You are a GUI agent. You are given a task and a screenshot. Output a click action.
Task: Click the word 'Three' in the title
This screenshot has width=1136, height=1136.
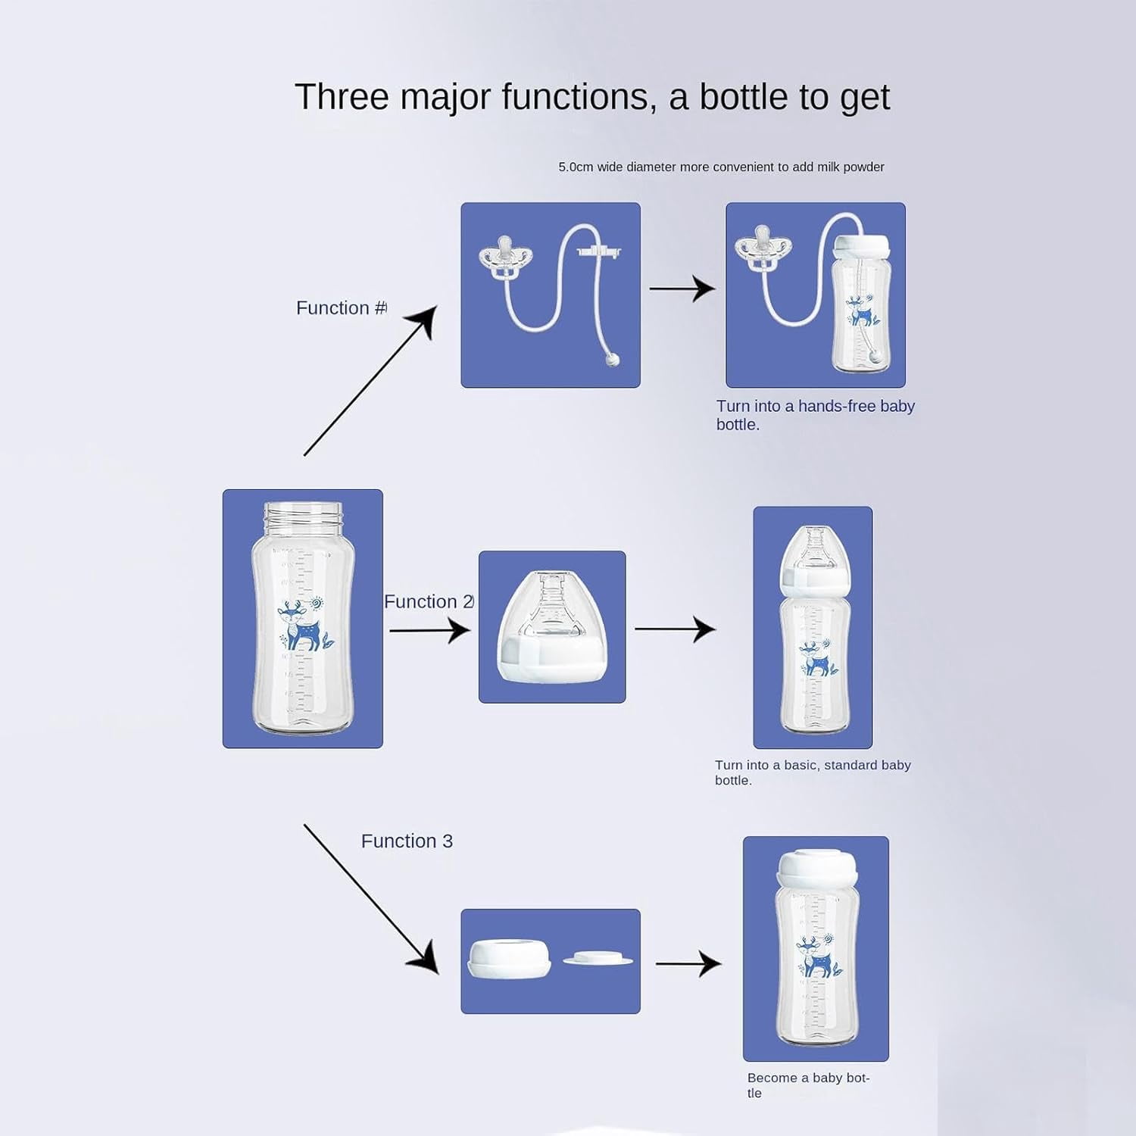[x=342, y=97]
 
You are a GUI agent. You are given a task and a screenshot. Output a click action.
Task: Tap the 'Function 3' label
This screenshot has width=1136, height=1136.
[x=407, y=841]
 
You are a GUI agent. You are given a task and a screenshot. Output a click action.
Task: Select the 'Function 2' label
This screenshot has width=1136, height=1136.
[x=429, y=601]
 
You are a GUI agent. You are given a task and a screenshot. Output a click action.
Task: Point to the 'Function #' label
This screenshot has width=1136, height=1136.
[x=342, y=307]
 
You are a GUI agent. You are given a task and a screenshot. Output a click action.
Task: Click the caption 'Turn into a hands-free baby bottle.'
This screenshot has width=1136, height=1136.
[x=816, y=415]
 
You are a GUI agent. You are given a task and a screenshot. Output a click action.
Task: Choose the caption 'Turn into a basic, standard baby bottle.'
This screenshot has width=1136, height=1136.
[x=813, y=772]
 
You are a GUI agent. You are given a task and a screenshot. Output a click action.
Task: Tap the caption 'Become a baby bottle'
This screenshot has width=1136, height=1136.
[x=808, y=1085]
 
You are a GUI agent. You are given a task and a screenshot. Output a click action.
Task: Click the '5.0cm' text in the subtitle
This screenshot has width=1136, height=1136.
[x=576, y=167]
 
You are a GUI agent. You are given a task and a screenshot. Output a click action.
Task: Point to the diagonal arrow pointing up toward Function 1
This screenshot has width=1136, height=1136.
[x=370, y=380]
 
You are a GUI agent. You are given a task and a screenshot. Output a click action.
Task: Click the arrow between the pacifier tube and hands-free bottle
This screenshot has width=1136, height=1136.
[x=682, y=289]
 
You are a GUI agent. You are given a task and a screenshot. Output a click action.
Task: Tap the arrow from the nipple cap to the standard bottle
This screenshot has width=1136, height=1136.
[x=675, y=629]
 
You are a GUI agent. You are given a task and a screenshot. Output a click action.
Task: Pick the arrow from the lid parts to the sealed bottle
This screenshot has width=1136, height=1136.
[x=688, y=964]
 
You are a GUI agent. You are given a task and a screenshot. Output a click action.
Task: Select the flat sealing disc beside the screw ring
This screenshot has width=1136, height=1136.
[x=598, y=960]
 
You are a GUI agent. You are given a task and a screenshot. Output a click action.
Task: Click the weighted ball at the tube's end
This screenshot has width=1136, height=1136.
[x=613, y=360]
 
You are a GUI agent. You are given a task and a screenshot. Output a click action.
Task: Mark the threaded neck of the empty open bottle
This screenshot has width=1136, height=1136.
[x=303, y=518]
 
